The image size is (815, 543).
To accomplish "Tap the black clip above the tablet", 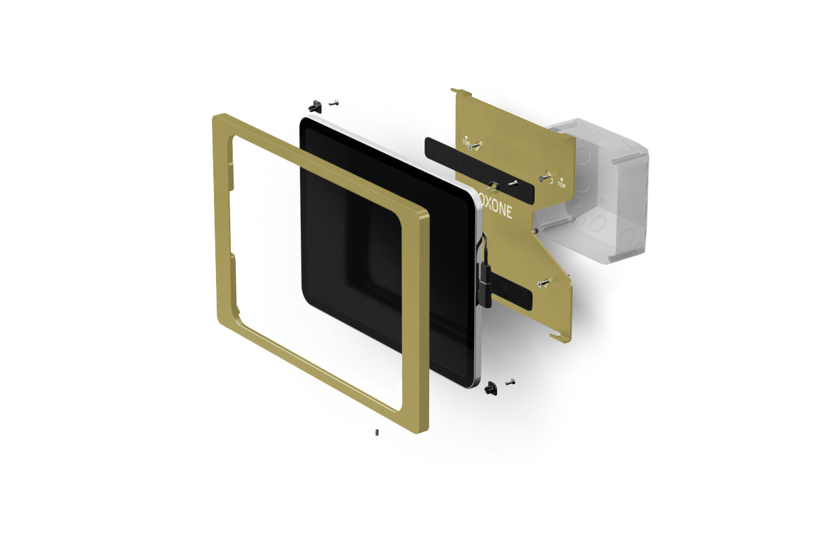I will [x=314, y=106].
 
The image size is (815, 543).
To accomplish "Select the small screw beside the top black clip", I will [x=333, y=102].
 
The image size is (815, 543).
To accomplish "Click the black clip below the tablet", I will [x=490, y=388].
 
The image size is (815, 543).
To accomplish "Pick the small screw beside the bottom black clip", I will [x=510, y=381].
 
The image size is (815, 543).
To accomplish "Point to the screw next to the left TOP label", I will [x=477, y=145].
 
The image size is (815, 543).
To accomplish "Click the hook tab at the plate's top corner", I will [x=460, y=91].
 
